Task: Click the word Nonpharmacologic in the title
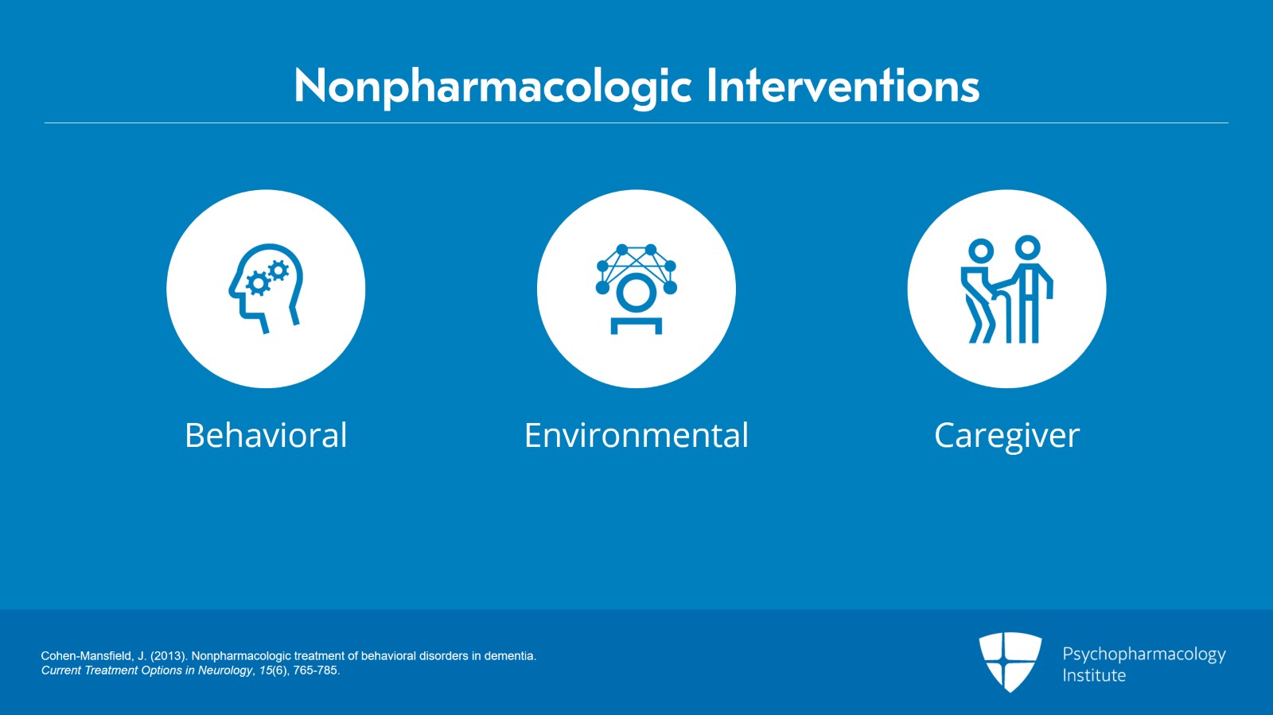(493, 86)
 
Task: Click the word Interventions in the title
(843, 86)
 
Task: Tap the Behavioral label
(266, 436)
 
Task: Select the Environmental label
(636, 436)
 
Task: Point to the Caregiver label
(1006, 436)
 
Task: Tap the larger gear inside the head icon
(258, 283)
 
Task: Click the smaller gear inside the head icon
(278, 270)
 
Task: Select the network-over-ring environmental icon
(636, 289)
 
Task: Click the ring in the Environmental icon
(636, 293)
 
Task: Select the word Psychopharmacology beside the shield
(1143, 654)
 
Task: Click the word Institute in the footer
(1094, 675)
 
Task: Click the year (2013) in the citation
(169, 656)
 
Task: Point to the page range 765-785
(316, 670)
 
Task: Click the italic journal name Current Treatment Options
(111, 670)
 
